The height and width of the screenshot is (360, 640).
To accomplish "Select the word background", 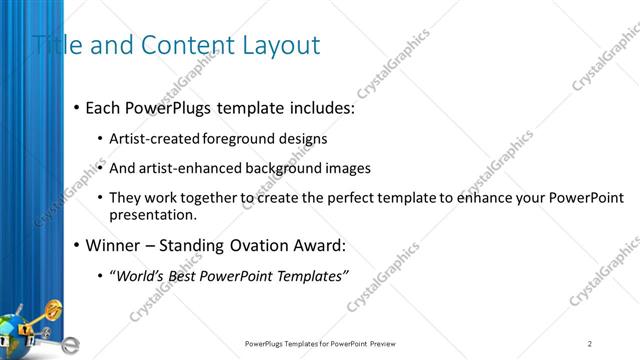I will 285,169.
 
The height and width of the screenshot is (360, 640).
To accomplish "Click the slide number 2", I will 590,344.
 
